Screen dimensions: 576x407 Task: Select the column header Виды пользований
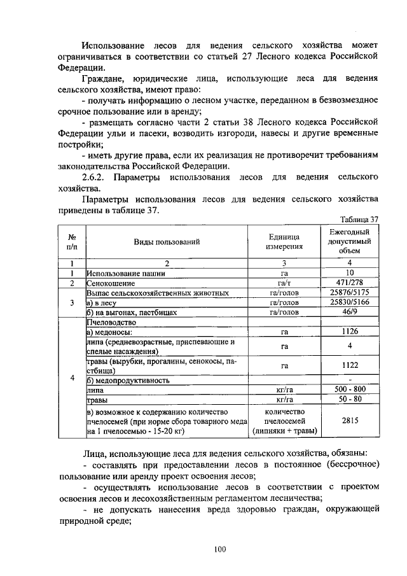[167, 242]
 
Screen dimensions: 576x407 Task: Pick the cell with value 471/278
[349, 283]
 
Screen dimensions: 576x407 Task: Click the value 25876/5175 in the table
[349, 293]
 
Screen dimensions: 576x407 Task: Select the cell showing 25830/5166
[349, 302]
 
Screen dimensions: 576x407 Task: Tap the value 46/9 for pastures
[349, 312]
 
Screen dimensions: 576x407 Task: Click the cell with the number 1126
[349, 332]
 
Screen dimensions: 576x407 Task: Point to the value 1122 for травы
[349, 366]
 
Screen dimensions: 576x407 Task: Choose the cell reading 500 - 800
[349, 390]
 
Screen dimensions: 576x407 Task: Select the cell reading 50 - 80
[349, 400]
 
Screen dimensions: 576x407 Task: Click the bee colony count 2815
[349, 421]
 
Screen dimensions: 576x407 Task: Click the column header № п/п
[72, 242]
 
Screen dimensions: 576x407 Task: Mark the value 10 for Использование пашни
[349, 273]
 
